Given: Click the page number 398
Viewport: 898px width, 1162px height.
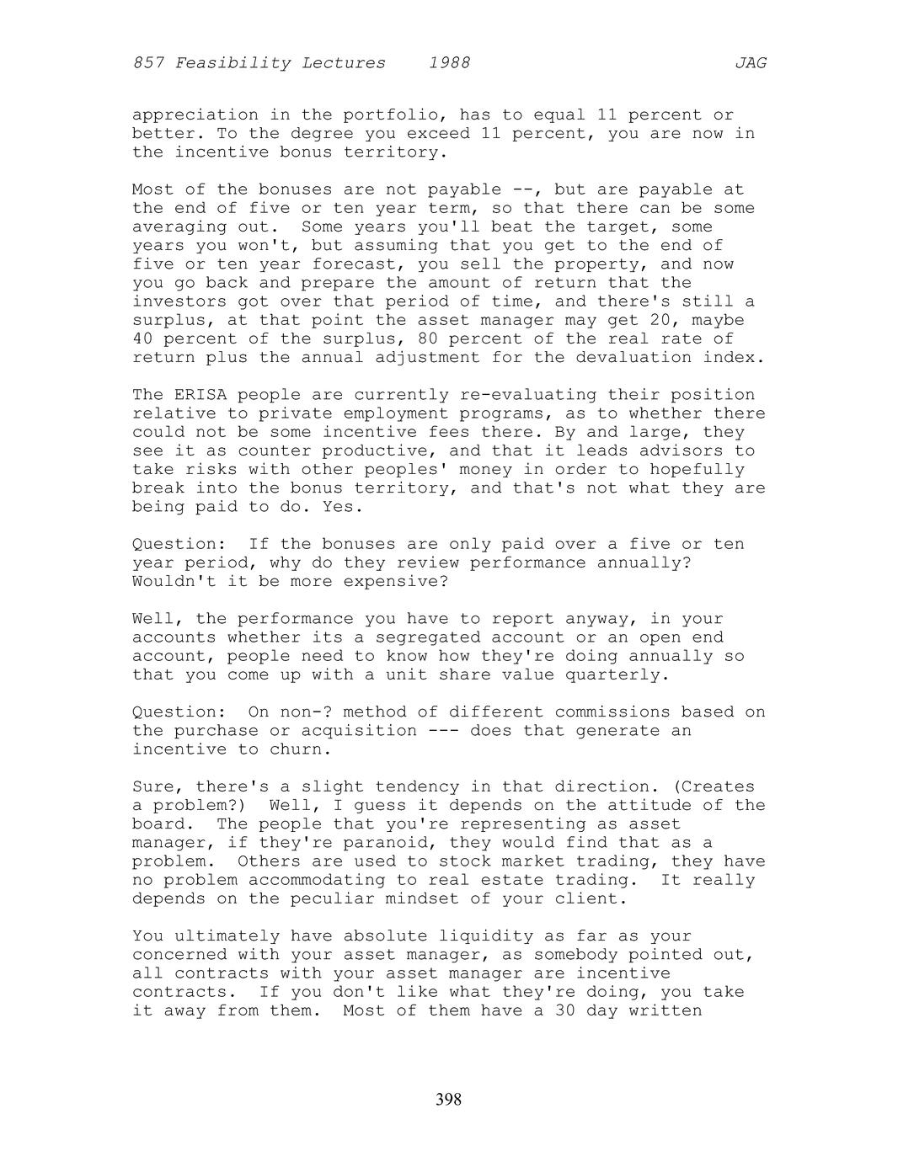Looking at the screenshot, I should click(x=448, y=1099).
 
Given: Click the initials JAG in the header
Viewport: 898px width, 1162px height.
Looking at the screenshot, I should click(x=750, y=63).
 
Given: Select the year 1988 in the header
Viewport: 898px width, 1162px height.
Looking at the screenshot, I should click(x=449, y=63).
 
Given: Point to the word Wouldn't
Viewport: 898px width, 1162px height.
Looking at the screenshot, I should click(x=174, y=582).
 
